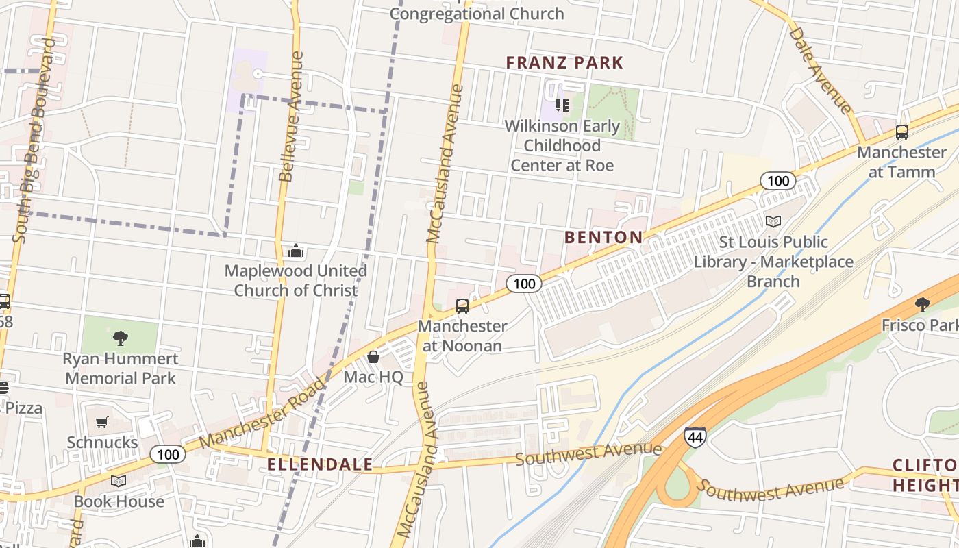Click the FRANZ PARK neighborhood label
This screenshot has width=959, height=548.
click(564, 63)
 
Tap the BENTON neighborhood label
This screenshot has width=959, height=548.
click(603, 238)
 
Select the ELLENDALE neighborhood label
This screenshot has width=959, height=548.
click(320, 464)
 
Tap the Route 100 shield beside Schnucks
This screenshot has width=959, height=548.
click(167, 454)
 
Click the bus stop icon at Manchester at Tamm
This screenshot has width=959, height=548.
click(901, 132)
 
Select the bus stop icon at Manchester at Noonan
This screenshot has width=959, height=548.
click(462, 306)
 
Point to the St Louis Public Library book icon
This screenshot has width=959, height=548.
click(773, 221)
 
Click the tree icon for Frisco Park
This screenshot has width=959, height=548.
click(922, 304)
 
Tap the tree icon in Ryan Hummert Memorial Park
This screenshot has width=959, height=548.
click(121, 338)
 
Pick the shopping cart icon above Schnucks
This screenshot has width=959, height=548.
click(102, 422)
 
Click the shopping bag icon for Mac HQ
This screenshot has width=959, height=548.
click(373, 356)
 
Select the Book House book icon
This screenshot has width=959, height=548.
click(119, 481)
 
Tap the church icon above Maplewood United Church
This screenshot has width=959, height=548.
click(296, 251)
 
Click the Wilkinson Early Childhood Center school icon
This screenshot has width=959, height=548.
click(562, 105)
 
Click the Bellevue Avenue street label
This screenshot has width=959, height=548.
click(291, 116)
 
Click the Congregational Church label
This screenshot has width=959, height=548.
click(477, 14)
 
